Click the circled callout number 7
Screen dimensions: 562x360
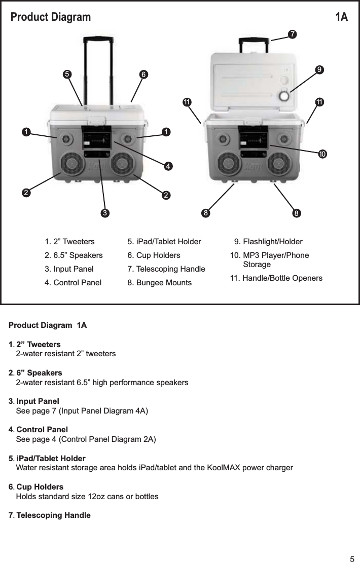(292, 34)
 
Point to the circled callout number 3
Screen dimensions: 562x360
(104, 213)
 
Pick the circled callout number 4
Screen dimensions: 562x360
(167, 165)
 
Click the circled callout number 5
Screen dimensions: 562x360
(66, 74)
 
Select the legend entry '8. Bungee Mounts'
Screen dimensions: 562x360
(159, 282)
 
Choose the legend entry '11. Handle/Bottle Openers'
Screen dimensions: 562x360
(276, 278)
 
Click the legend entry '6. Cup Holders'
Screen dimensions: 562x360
(154, 255)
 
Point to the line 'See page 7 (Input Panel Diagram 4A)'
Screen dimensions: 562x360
(83, 410)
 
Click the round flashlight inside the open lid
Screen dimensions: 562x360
(284, 95)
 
